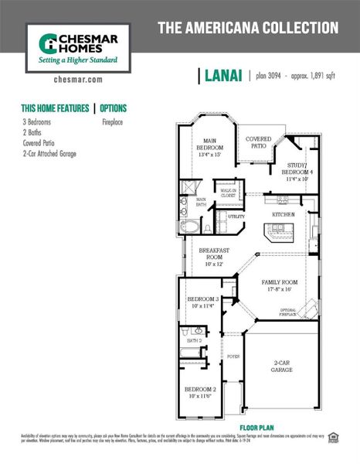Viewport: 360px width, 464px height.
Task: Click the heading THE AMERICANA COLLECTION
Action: click(247, 29)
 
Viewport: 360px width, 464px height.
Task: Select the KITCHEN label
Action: click(283, 214)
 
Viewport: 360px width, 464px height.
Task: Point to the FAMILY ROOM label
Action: click(279, 286)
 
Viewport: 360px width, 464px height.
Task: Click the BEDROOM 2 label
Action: click(200, 392)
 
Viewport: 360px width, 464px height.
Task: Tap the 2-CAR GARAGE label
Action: click(281, 367)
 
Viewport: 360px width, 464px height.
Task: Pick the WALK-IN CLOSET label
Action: click(228, 193)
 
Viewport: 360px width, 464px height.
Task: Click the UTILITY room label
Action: click(236, 217)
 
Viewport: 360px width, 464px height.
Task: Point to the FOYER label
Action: click(233, 357)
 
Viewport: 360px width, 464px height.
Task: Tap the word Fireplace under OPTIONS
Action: click(114, 122)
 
